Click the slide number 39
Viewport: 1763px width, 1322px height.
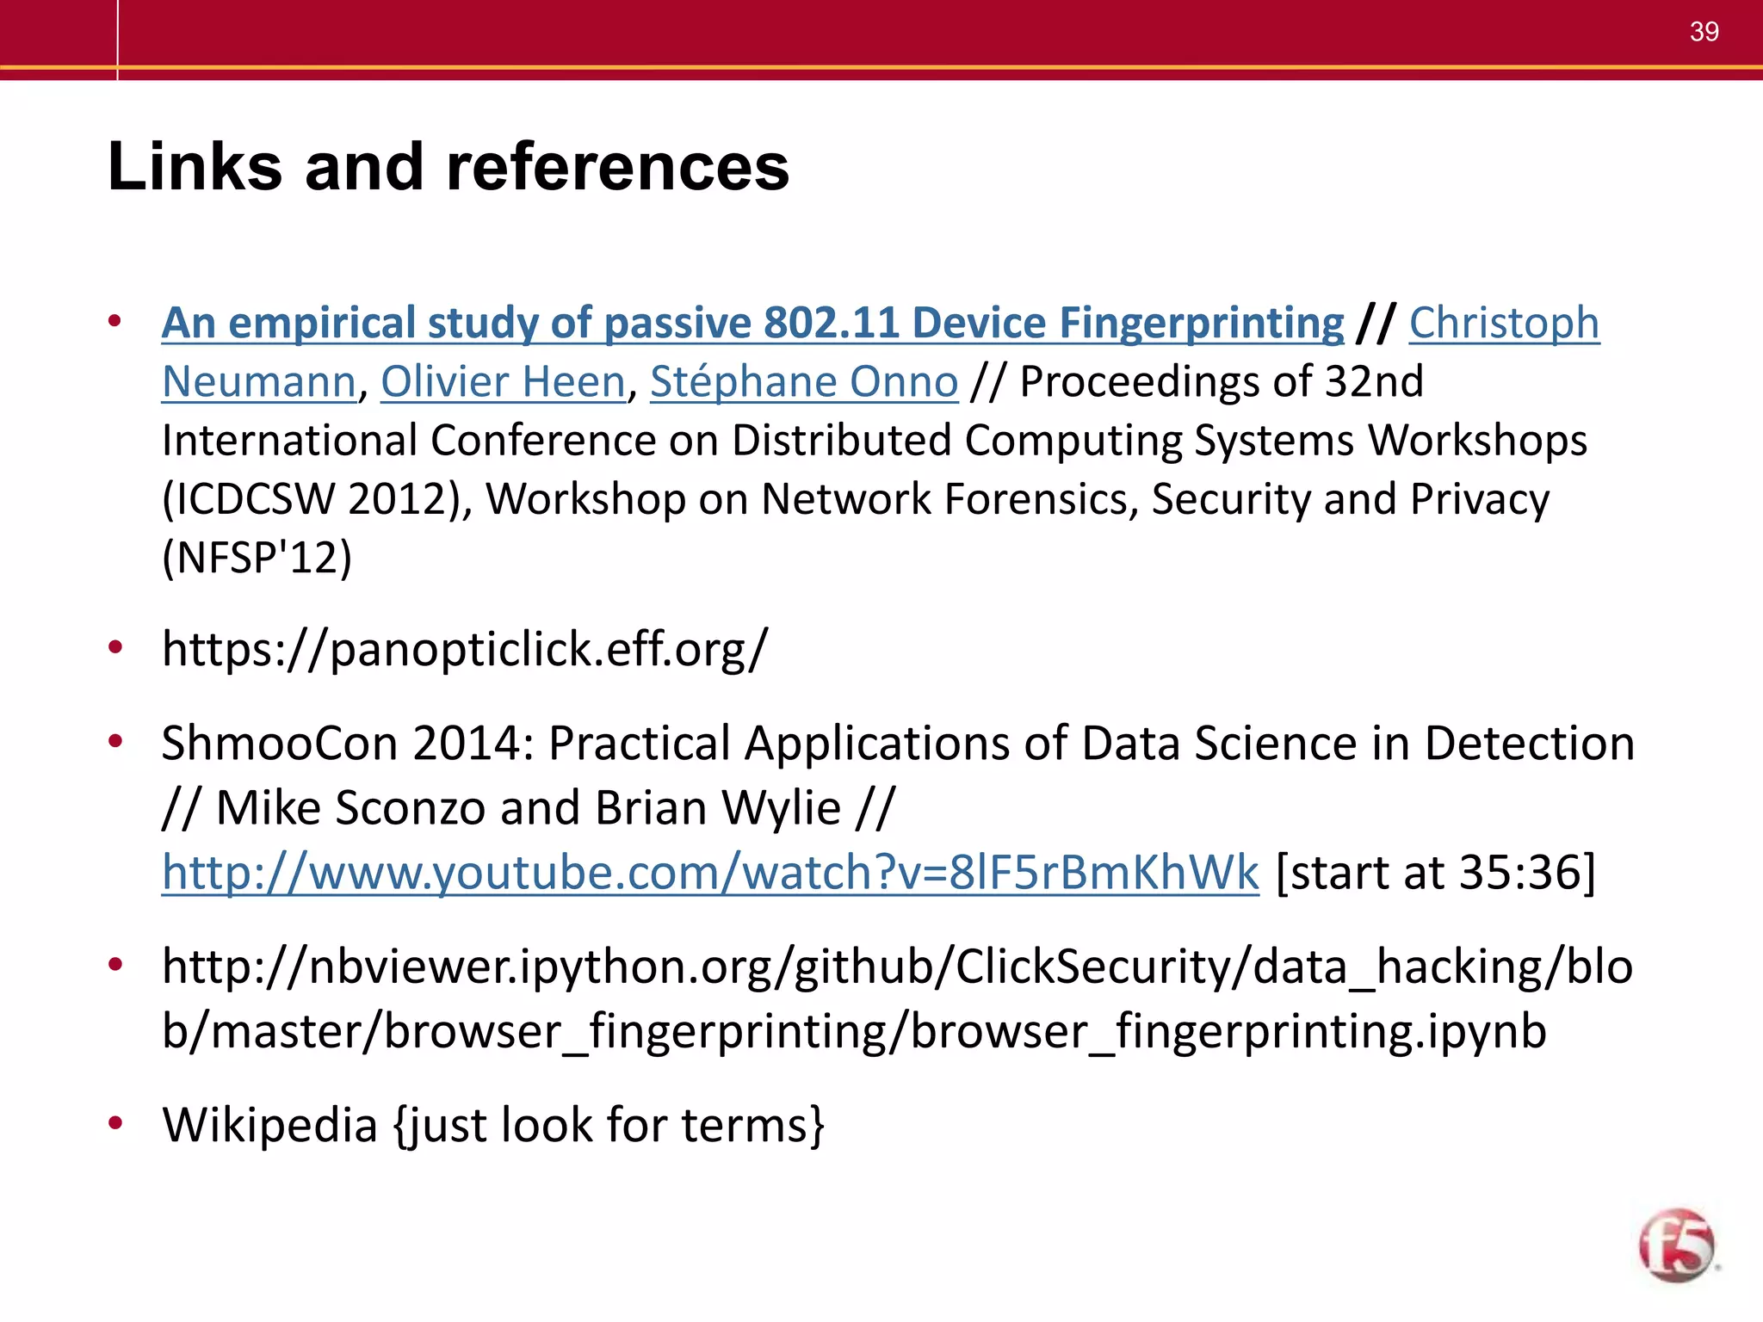click(1704, 32)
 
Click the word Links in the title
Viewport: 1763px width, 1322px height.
click(195, 166)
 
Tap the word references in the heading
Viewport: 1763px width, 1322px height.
click(617, 166)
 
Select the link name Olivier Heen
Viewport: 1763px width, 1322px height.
click(503, 381)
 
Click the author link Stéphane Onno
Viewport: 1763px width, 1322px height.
click(803, 381)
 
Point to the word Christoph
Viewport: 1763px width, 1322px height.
click(1504, 324)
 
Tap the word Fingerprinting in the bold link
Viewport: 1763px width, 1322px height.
click(1201, 324)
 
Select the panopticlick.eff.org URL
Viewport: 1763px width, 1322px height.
click(464, 648)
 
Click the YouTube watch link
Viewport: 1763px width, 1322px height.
click(710, 872)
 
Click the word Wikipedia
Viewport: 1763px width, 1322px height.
click(270, 1125)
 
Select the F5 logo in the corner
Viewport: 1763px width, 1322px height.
click(1676, 1245)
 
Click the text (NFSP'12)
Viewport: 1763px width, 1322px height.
click(257, 558)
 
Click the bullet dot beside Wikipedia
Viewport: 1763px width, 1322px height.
click(115, 1122)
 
